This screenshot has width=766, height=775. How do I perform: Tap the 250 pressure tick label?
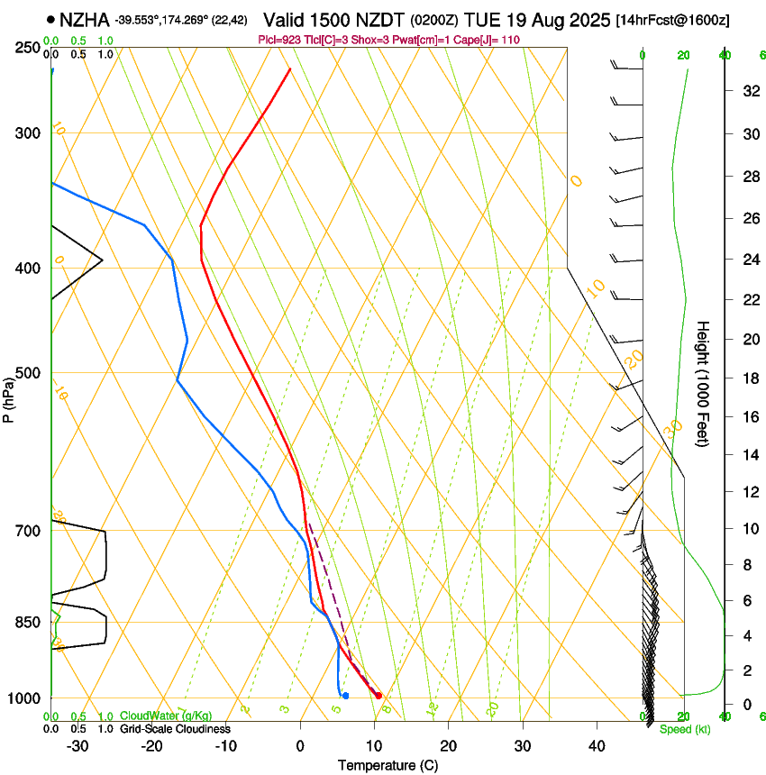(x=27, y=48)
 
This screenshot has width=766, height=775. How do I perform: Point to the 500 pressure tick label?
(x=27, y=373)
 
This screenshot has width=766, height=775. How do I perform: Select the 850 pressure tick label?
(x=27, y=623)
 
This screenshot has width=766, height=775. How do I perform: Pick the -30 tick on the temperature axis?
(x=78, y=746)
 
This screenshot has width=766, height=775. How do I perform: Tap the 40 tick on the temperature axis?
(x=596, y=746)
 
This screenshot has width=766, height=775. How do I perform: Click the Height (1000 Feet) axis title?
(x=704, y=383)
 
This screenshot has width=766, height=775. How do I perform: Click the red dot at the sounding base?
(x=378, y=696)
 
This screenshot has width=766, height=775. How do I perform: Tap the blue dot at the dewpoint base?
(x=345, y=696)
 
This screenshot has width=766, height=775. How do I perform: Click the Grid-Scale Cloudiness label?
(x=175, y=728)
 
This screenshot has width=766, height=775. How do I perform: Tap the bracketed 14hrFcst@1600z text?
(x=673, y=20)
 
